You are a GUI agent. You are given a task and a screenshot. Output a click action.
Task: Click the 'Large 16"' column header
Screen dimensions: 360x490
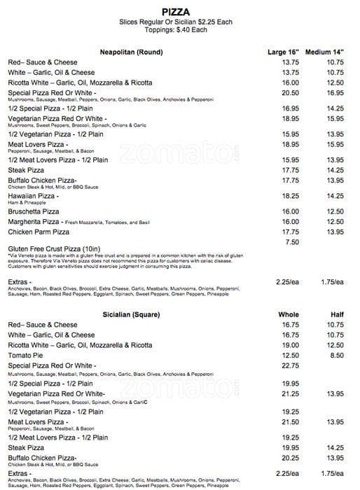click(x=283, y=52)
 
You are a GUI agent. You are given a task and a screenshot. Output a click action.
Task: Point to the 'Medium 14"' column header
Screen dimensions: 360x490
click(x=325, y=52)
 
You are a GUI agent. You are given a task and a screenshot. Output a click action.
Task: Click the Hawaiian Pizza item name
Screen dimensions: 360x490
click(x=32, y=196)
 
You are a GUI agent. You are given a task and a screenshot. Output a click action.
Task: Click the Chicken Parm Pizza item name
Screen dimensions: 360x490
click(x=39, y=232)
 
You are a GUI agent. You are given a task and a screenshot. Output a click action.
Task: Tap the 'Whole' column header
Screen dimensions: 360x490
click(x=289, y=315)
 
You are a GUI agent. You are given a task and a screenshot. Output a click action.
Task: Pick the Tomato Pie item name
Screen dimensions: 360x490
click(x=27, y=355)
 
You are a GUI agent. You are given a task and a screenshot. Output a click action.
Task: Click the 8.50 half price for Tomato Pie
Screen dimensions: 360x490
click(x=337, y=355)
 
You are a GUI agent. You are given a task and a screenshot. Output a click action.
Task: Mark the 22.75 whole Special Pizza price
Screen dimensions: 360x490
click(x=290, y=365)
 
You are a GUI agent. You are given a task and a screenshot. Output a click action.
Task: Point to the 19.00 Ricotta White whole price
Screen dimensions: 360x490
click(x=290, y=345)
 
